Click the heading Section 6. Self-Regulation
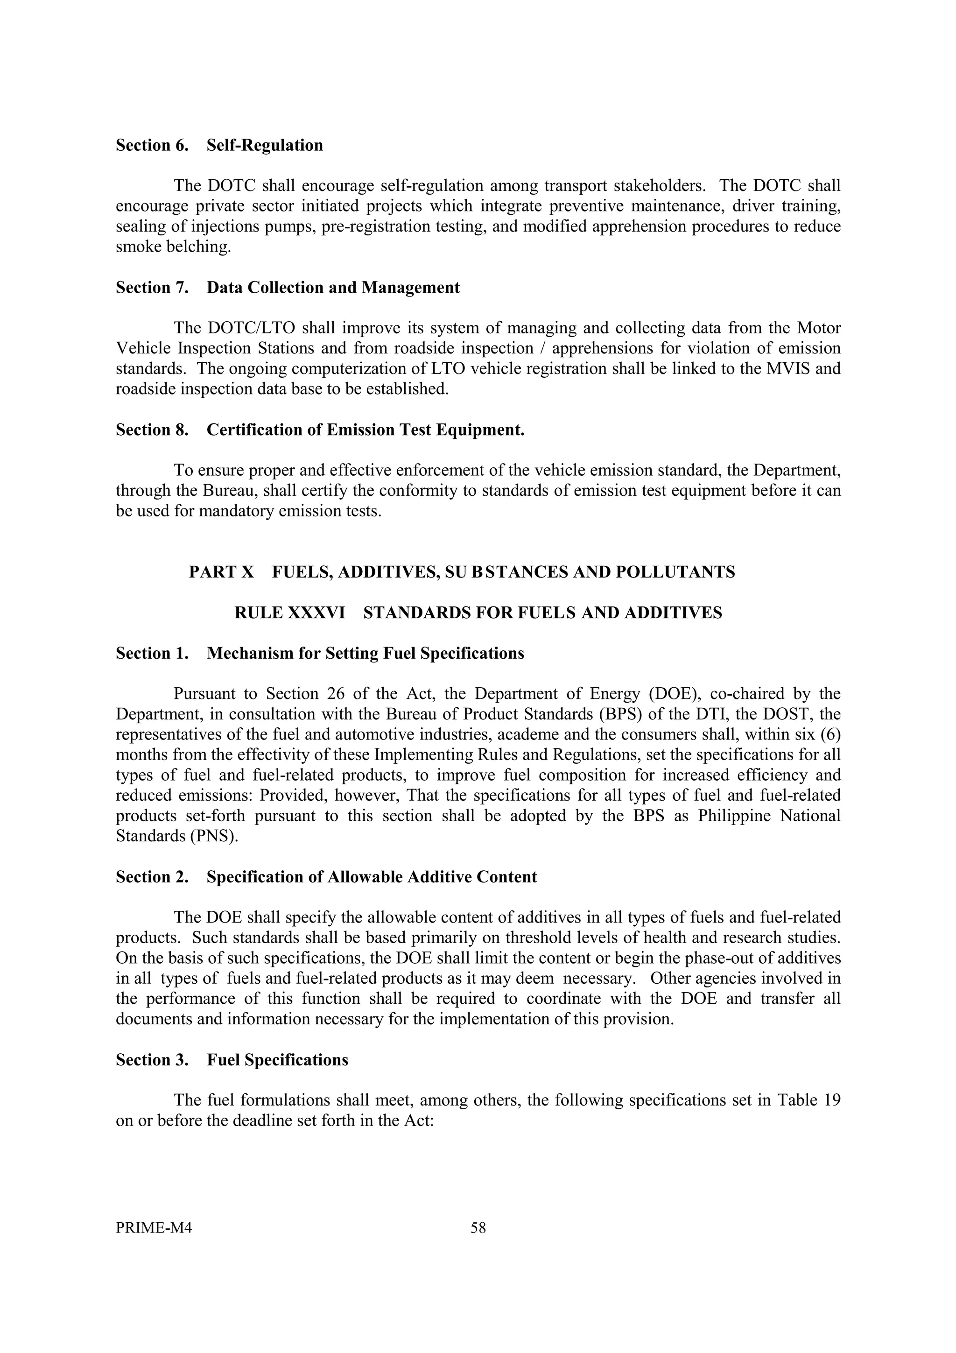pos(219,146)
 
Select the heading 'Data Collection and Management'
pos(333,288)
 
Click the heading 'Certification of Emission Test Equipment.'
pos(365,430)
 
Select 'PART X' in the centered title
pos(221,572)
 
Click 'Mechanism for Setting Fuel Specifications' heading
pos(365,654)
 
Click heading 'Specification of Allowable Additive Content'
pos(372,877)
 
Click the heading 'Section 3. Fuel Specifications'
pos(232,1060)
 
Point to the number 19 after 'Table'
pos(832,1101)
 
